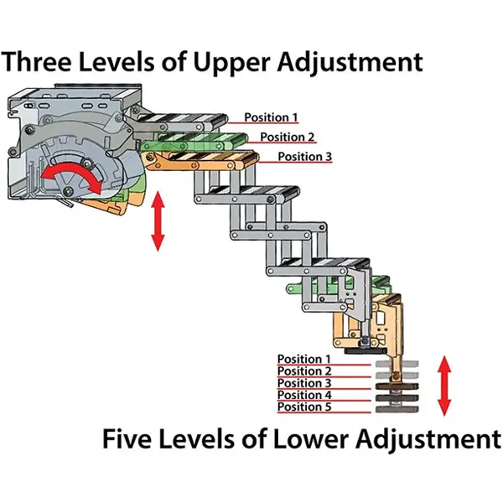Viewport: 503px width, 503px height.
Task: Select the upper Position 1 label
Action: click(271, 117)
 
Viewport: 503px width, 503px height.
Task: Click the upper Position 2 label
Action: click(288, 137)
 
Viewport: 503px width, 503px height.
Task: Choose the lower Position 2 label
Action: click(304, 371)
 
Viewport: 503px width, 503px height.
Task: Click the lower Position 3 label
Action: click(304, 382)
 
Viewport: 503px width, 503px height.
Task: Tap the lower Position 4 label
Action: click(304, 394)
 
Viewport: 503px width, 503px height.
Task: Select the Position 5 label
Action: click(304, 407)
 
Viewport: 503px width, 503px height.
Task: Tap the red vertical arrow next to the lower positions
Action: click(445, 386)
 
